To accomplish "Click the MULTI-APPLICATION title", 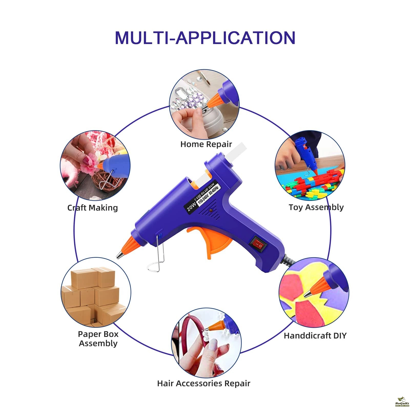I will click(205, 38).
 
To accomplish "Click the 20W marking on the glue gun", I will click(191, 206).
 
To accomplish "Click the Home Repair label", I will click(206, 144).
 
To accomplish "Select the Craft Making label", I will click(93, 208).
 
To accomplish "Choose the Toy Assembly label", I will click(316, 207).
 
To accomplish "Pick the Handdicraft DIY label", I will click(315, 335).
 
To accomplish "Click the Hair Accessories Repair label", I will click(204, 383).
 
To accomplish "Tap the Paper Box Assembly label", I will click(98, 339).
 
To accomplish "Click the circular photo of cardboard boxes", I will click(96, 292).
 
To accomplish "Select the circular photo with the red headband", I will click(206, 342).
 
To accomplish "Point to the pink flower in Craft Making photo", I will click(89, 164).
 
